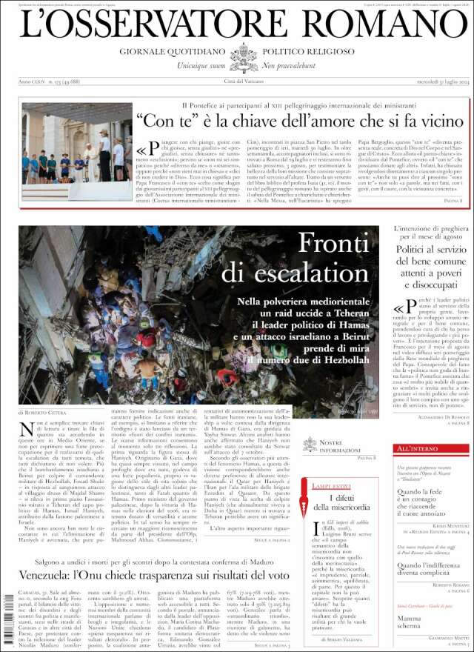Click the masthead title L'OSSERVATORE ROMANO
237,24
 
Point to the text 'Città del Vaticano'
244,81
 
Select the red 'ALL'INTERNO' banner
417,449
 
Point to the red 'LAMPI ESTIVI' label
330,486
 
